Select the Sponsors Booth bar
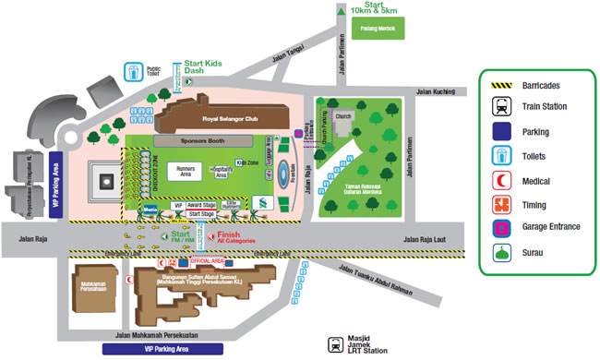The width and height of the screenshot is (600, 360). (x=202, y=142)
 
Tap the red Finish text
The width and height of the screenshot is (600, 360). (x=228, y=235)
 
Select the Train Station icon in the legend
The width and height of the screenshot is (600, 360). (x=498, y=107)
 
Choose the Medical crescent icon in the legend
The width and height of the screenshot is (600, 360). (x=498, y=180)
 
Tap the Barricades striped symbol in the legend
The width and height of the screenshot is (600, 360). (x=498, y=83)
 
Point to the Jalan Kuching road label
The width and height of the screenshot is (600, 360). (x=437, y=91)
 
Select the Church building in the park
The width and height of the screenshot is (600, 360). (x=344, y=120)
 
